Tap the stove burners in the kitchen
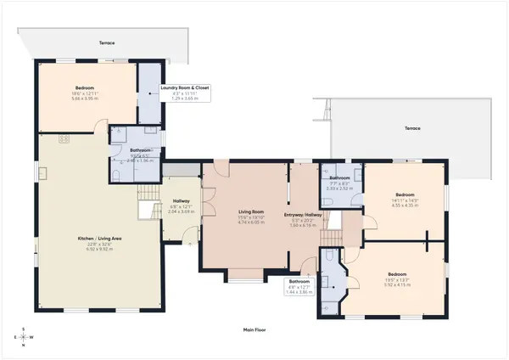pyautogui.click(x=64, y=138)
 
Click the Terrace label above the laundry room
pyautogui.click(x=106, y=42)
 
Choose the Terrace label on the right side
pyautogui.click(x=411, y=128)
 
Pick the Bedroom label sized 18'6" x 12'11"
pyautogui.click(x=85, y=87)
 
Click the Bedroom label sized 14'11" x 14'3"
pyautogui.click(x=404, y=193)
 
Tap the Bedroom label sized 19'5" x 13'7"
pyautogui.click(x=396, y=273)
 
